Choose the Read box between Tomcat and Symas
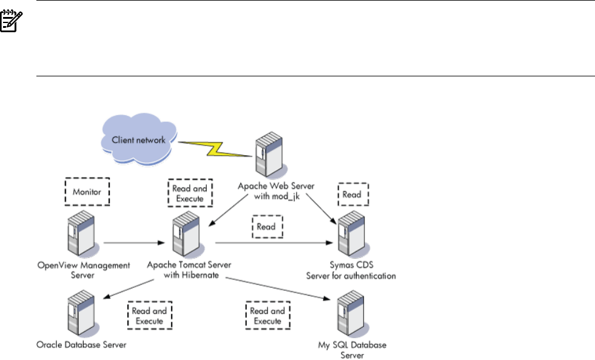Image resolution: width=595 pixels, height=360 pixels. [266, 227]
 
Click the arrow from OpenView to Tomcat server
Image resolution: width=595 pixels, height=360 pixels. [134, 243]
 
